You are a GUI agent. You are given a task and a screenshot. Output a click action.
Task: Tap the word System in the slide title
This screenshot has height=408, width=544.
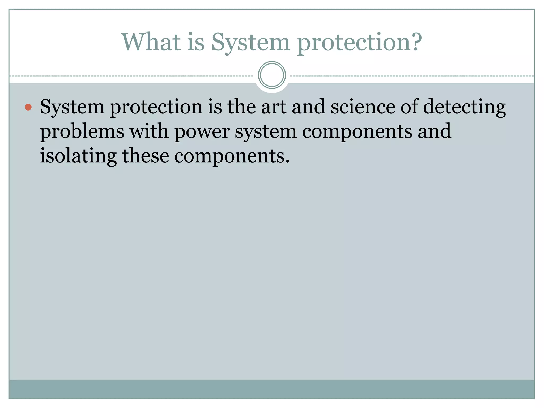point(250,42)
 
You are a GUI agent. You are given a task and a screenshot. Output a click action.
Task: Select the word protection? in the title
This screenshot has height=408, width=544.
point(359,42)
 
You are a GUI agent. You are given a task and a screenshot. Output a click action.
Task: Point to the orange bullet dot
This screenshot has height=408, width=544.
point(28,107)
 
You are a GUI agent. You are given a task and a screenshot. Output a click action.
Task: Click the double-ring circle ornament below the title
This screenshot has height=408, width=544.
point(272,75)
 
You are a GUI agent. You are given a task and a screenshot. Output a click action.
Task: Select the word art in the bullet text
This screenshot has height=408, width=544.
point(274,107)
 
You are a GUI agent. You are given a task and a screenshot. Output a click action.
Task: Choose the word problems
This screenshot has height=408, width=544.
point(82,132)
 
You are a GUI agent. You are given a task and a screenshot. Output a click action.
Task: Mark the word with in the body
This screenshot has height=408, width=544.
point(149,131)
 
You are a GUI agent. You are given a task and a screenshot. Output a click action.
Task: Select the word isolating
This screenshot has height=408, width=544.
point(78,156)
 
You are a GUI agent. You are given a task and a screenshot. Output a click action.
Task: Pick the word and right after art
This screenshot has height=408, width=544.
point(308,107)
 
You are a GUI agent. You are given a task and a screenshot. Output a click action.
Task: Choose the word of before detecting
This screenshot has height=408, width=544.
point(409,107)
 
